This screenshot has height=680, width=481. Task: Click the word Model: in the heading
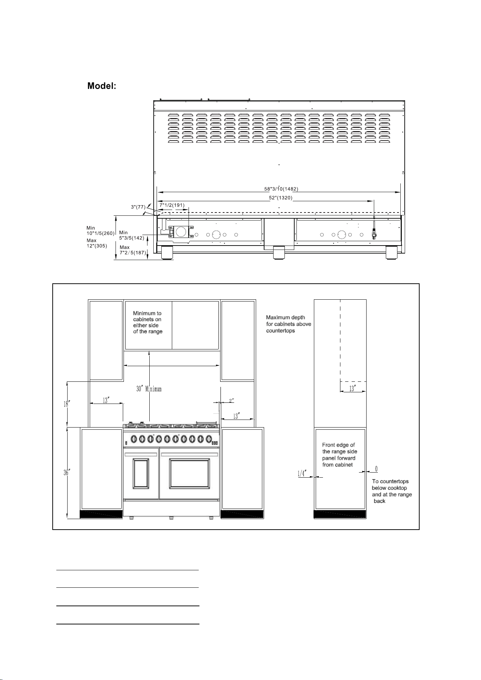point(102,86)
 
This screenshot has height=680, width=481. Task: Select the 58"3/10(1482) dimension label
point(281,189)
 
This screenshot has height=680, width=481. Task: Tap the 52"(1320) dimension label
point(280,198)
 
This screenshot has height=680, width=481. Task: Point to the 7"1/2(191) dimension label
point(172,205)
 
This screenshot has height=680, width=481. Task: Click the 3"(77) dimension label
point(138,207)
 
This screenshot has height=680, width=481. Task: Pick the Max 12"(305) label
point(97,243)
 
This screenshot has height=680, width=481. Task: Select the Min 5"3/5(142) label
point(132,235)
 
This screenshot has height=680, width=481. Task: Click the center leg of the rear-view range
point(279,253)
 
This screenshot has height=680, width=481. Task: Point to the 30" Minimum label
point(149,389)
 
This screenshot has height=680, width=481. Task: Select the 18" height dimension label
point(66,404)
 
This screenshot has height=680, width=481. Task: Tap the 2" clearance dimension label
point(231,400)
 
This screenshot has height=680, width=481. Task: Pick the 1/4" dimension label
point(302,473)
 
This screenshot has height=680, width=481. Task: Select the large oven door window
point(189,473)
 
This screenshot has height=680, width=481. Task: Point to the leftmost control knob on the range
point(134,439)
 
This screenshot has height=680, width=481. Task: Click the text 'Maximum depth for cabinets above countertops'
point(288,324)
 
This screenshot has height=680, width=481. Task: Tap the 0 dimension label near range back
point(376,469)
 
